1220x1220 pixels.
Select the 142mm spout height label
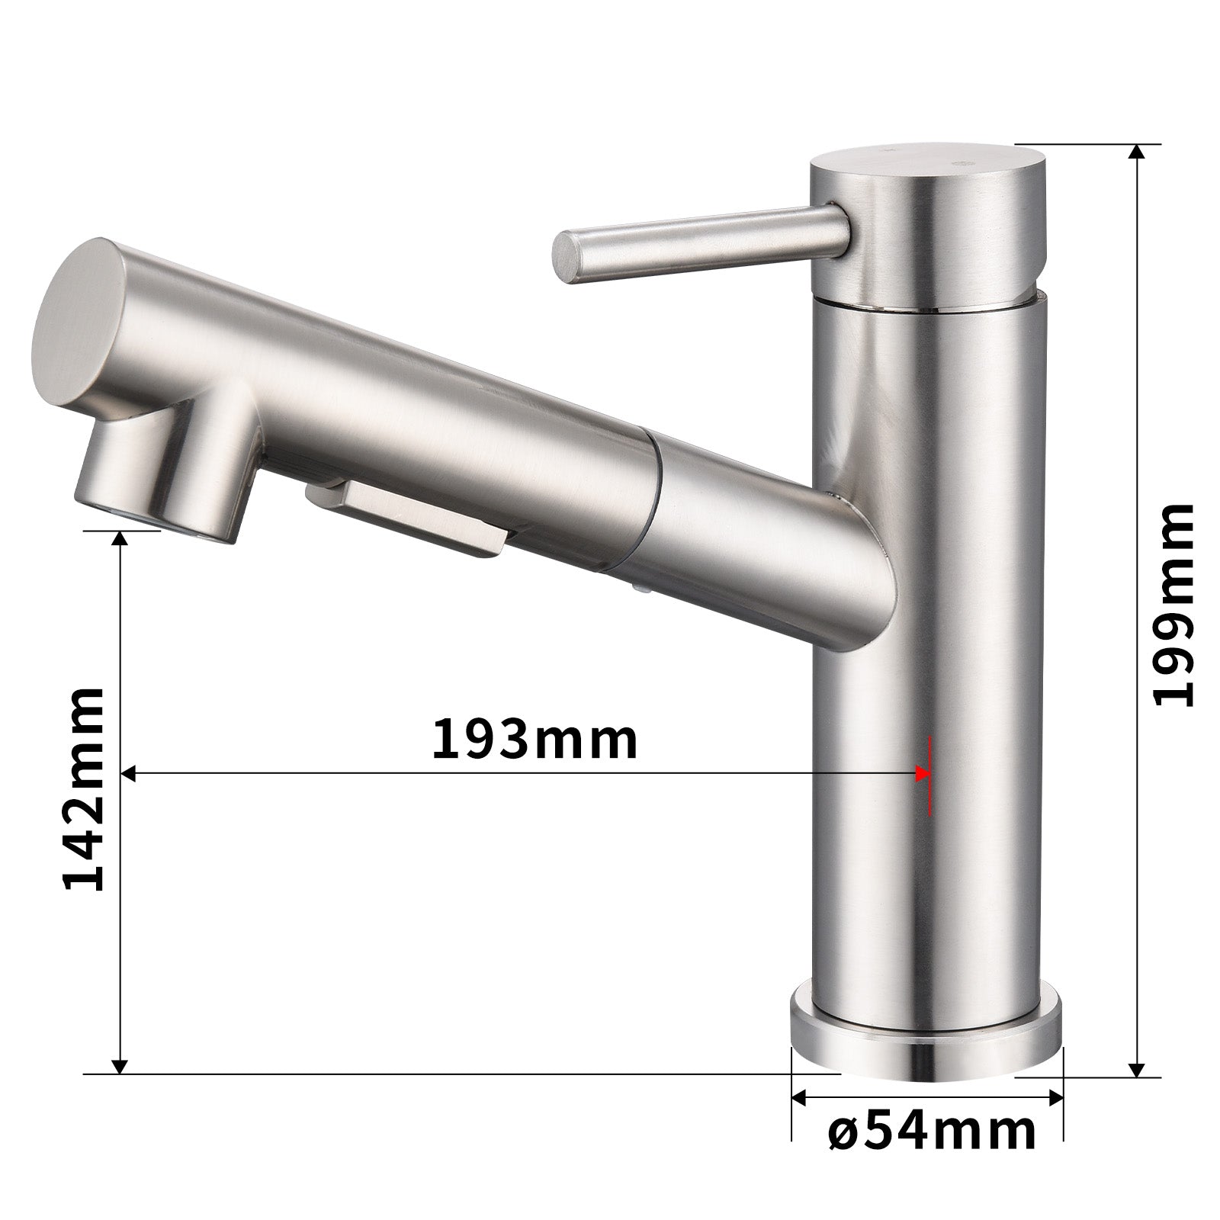click(x=83, y=788)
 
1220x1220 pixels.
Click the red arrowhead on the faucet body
click(x=924, y=775)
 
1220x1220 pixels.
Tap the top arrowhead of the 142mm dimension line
click(x=119, y=538)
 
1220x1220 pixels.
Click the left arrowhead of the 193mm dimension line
click(x=130, y=774)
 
